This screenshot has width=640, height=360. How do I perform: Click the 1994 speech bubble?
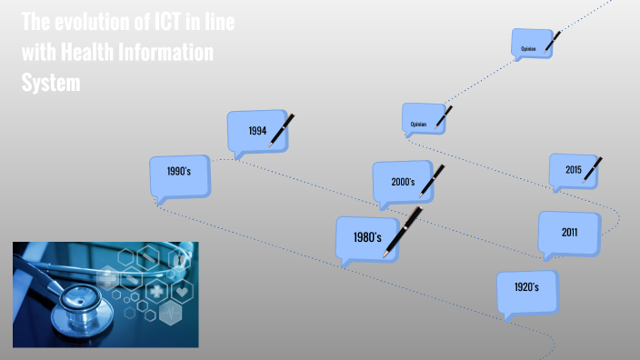257,130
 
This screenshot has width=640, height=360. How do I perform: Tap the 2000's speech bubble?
403,182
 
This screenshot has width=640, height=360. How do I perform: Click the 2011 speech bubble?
569,234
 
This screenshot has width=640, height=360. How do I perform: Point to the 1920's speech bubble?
526,288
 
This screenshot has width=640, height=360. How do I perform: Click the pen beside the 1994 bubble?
284,128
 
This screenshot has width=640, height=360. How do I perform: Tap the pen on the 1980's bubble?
403,231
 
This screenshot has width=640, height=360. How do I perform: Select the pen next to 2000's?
431,181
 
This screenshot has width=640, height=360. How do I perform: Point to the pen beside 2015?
594,168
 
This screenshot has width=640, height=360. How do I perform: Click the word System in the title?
51,83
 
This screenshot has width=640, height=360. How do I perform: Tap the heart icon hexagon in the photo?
182,292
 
